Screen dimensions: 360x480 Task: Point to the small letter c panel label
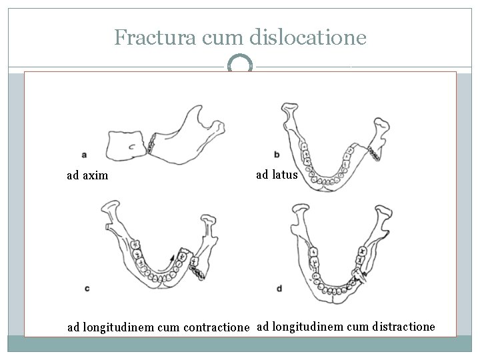(x=87, y=288)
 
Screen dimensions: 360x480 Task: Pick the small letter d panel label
(x=279, y=289)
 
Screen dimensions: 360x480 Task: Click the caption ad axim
(x=87, y=176)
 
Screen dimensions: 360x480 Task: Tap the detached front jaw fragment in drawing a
(x=130, y=145)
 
